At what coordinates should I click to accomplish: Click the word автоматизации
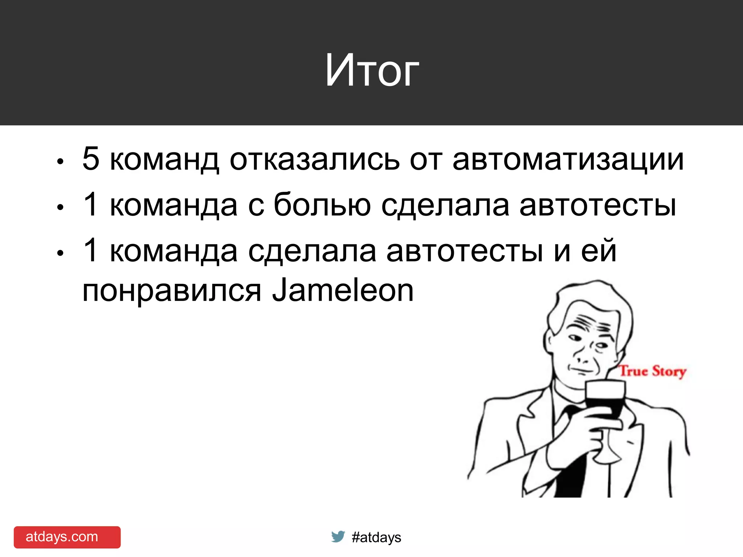(x=568, y=160)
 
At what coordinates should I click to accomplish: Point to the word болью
(x=322, y=205)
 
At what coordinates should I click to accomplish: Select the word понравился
(x=172, y=292)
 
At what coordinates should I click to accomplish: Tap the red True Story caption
(x=652, y=371)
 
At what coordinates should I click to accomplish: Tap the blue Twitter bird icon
(x=338, y=536)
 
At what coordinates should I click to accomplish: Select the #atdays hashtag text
(x=376, y=537)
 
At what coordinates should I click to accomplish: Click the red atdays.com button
(x=67, y=537)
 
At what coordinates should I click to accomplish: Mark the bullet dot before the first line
(x=60, y=162)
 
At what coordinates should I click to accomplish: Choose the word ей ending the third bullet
(x=599, y=250)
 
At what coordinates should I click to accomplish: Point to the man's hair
(x=595, y=301)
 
